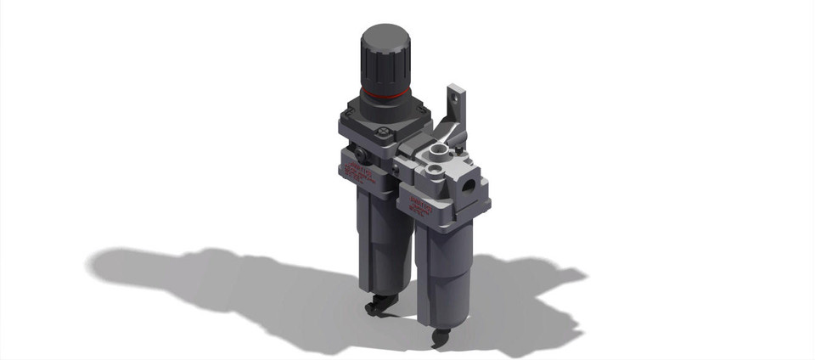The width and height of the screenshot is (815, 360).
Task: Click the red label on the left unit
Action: [357, 172]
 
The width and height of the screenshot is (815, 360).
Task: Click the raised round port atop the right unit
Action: [438, 154]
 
